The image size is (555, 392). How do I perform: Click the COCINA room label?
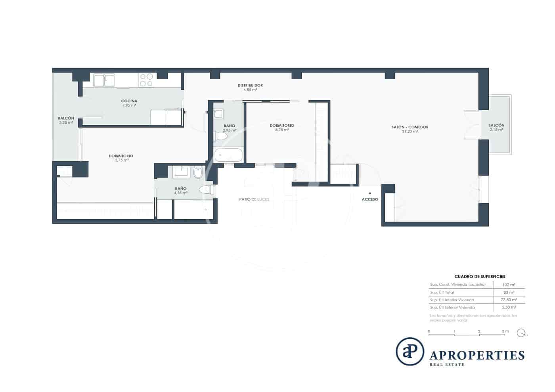129,101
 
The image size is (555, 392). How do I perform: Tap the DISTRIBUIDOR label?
250,85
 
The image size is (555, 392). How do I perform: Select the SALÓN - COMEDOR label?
410,127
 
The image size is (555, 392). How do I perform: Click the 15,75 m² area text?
121,161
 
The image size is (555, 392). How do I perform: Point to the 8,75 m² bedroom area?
282,130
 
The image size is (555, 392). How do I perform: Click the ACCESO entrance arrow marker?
370,193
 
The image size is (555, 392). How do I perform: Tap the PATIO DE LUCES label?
254,199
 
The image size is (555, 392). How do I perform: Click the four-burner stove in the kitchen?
147,80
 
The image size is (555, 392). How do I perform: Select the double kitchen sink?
104,80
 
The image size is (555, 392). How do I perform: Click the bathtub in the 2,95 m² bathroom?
229,155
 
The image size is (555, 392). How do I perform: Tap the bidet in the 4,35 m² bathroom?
198,173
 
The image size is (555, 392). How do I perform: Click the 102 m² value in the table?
509,285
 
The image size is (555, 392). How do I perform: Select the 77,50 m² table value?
509,300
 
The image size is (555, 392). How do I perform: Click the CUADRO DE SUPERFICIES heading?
480,277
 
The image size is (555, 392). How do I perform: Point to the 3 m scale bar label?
505,331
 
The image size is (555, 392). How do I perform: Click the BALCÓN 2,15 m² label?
496,127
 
